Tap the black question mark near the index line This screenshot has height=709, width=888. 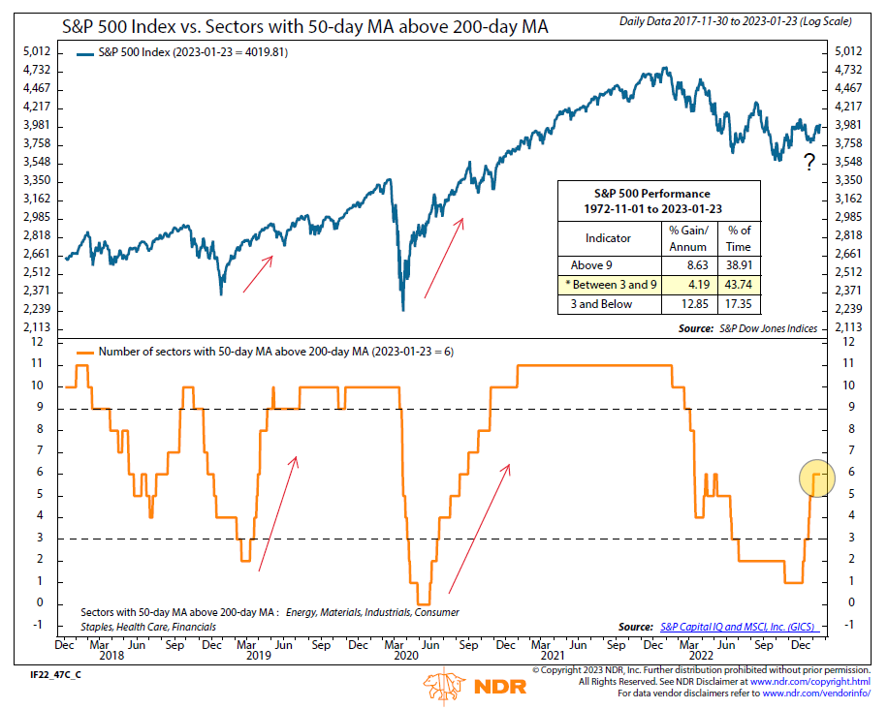809,163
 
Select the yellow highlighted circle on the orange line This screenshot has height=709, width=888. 817,478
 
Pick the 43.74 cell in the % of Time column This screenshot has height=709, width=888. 740,285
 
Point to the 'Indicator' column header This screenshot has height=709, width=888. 608,236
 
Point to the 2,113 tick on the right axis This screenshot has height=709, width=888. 848,328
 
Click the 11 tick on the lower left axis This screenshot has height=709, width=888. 39,363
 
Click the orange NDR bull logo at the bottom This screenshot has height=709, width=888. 445,687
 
